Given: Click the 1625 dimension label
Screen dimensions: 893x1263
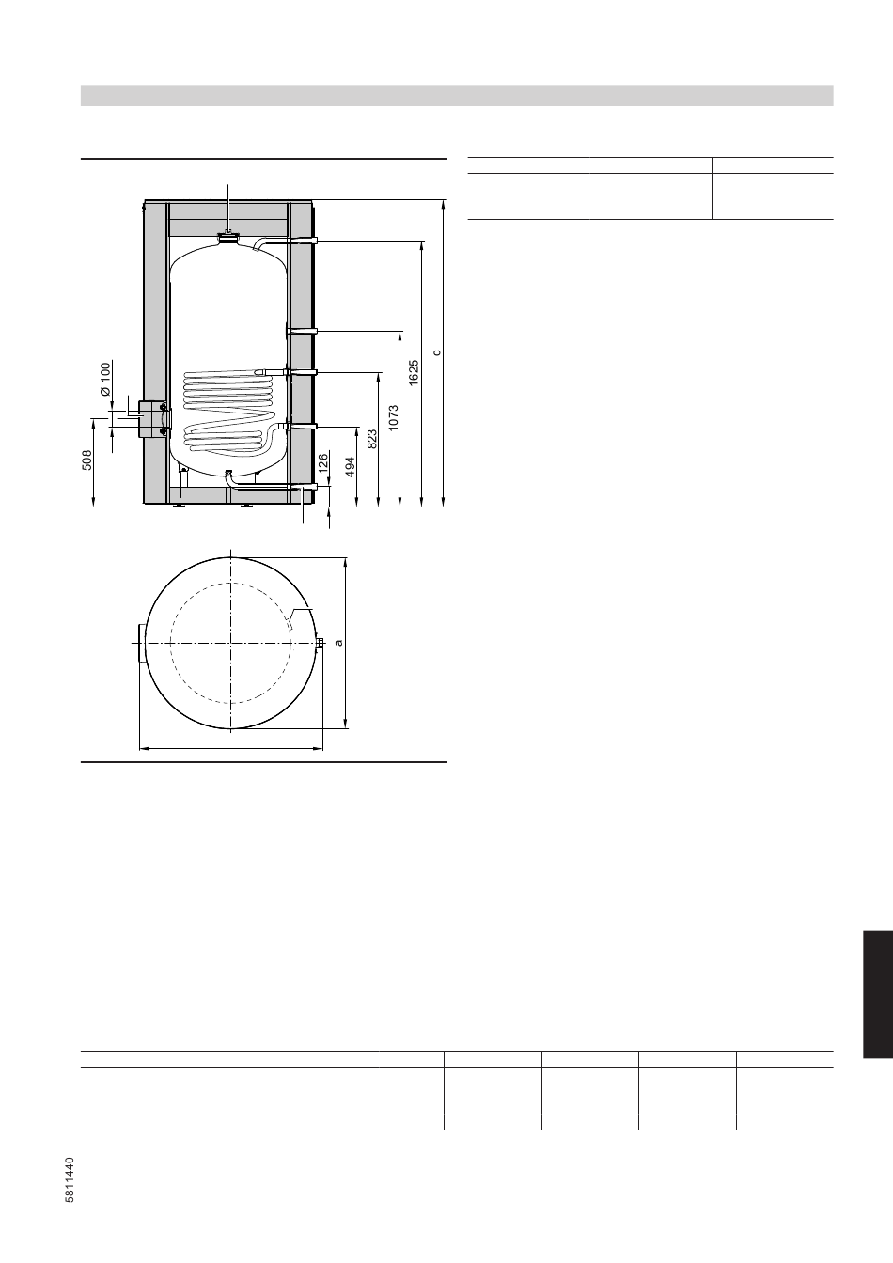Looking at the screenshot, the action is pos(414,373).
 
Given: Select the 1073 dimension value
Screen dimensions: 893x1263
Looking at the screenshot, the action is pos(393,418).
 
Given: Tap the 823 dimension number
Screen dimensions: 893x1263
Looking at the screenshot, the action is pos(371,439).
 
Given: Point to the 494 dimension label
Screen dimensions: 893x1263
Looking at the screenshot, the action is pos(351,467).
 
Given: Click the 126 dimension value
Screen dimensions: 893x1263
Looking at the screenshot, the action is pos(322,463).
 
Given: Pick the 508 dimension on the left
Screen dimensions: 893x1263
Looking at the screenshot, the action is pos(86,460).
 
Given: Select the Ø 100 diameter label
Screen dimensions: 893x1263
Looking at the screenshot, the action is pos(106,379).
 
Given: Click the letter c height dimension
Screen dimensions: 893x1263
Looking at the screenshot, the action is pos(436,353).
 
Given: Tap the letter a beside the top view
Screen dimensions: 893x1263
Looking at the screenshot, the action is pos(338,642).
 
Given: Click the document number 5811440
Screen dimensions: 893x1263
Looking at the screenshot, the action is pos(70,1179).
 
